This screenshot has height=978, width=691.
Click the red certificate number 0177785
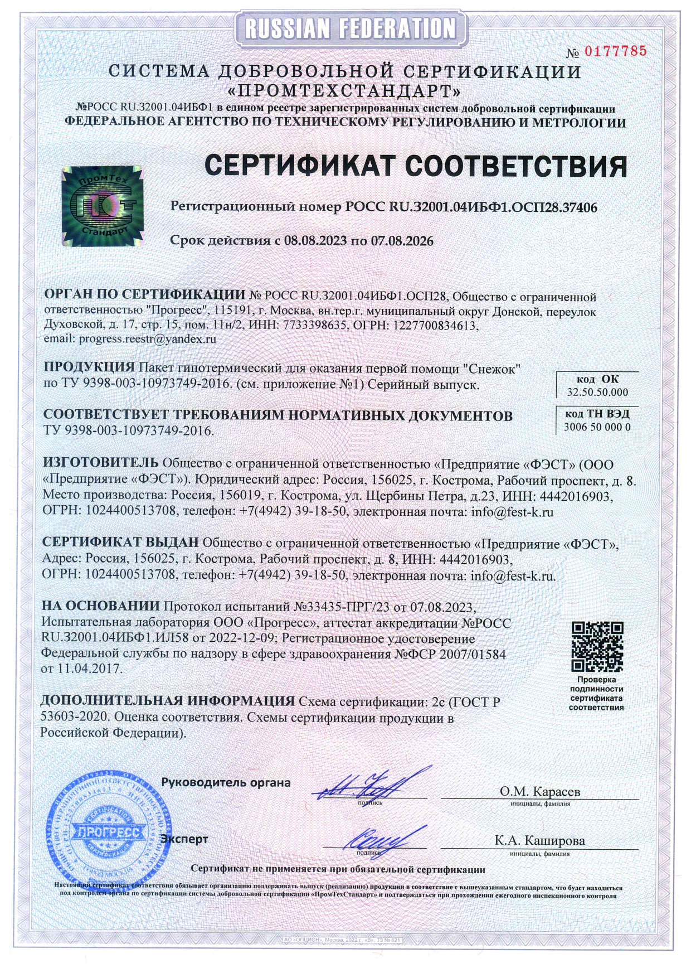pos(615,52)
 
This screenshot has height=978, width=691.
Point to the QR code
pos(597,647)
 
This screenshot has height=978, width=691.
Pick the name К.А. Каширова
pos(539,840)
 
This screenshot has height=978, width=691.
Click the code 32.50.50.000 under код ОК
pos(597,392)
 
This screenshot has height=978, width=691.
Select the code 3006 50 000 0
pos(597,427)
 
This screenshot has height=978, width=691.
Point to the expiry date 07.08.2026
pos(401,241)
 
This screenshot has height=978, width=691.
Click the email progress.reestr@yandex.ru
pos(147,338)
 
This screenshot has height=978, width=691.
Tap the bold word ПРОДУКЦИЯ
pos(89,367)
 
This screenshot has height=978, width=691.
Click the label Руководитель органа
pos(226,782)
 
